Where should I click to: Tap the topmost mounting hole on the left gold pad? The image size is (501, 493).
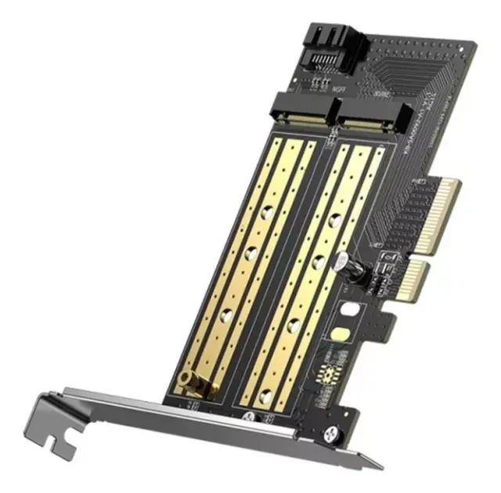(x=267, y=210)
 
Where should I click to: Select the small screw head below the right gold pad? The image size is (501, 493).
(x=250, y=416)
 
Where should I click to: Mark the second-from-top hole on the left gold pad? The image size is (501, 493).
(x=252, y=252)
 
